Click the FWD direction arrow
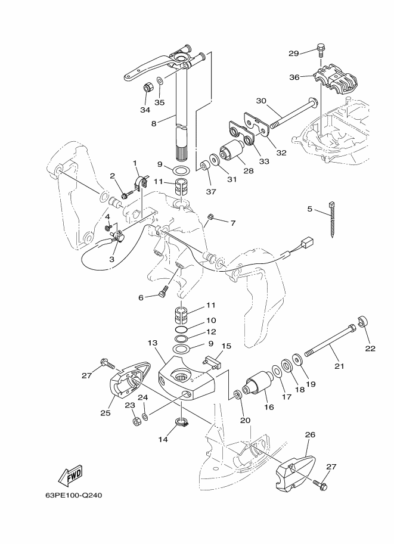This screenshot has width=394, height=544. click(70, 475)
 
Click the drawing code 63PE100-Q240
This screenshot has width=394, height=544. click(73, 495)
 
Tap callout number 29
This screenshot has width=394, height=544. click(294, 54)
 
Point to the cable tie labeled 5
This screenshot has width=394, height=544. click(331, 219)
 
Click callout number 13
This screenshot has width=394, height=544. click(153, 343)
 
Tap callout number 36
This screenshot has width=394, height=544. click(294, 77)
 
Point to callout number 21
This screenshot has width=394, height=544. click(339, 366)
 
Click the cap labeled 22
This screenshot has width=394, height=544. click(363, 321)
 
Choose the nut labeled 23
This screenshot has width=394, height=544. click(136, 421)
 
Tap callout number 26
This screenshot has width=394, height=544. click(310, 434)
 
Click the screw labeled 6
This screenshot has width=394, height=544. click(163, 290)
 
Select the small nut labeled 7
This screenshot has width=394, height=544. click(210, 217)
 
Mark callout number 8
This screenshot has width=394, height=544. click(154, 123)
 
